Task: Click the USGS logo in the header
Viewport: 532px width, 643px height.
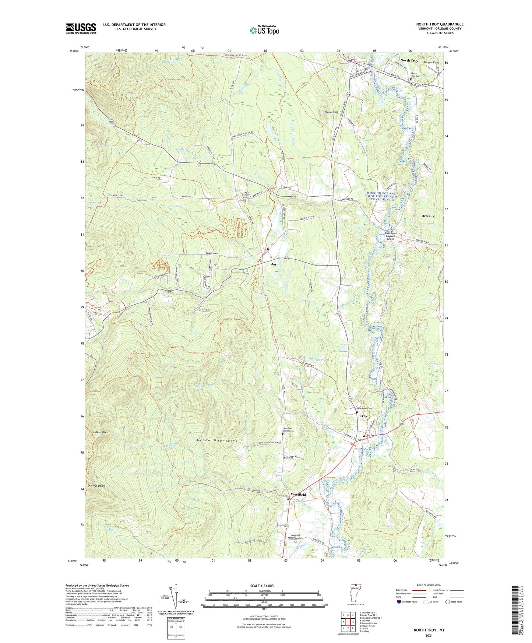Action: click(x=81, y=28)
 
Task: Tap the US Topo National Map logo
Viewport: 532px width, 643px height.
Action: click(x=264, y=30)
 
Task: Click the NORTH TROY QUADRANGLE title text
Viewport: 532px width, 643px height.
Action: click(x=440, y=24)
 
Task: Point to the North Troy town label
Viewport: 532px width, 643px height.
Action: click(x=409, y=60)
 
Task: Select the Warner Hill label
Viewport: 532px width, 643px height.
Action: click(x=330, y=112)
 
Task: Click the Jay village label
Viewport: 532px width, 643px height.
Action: click(x=274, y=264)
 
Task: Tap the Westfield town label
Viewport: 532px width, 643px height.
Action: click(x=298, y=495)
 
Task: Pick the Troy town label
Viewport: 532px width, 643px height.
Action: click(x=363, y=416)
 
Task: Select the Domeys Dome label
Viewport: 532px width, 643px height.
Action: click(x=96, y=486)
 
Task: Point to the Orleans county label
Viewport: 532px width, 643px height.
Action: click(x=427, y=216)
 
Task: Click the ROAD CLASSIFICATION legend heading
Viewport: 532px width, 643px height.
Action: click(x=429, y=585)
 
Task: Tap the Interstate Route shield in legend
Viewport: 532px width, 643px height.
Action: click(x=399, y=602)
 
